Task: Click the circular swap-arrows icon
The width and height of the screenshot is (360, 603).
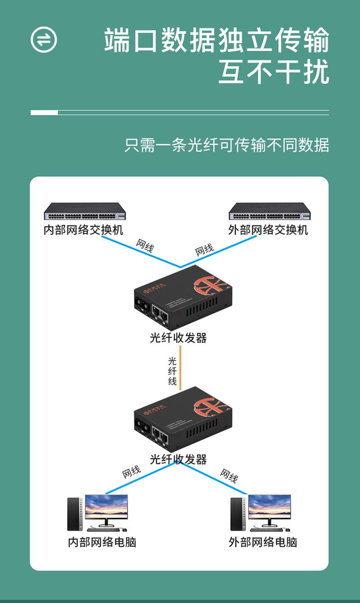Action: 44,40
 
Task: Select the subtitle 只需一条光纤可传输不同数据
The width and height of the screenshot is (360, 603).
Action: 227,145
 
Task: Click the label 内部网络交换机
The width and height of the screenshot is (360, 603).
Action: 83,230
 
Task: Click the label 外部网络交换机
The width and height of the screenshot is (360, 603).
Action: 268,230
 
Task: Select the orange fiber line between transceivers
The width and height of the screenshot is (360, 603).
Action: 180,367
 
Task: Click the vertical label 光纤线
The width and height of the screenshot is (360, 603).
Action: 172,371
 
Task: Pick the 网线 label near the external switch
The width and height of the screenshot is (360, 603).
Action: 204,249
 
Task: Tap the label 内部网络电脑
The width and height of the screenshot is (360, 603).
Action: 102,542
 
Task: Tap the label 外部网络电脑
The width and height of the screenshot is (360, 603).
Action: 263,542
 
